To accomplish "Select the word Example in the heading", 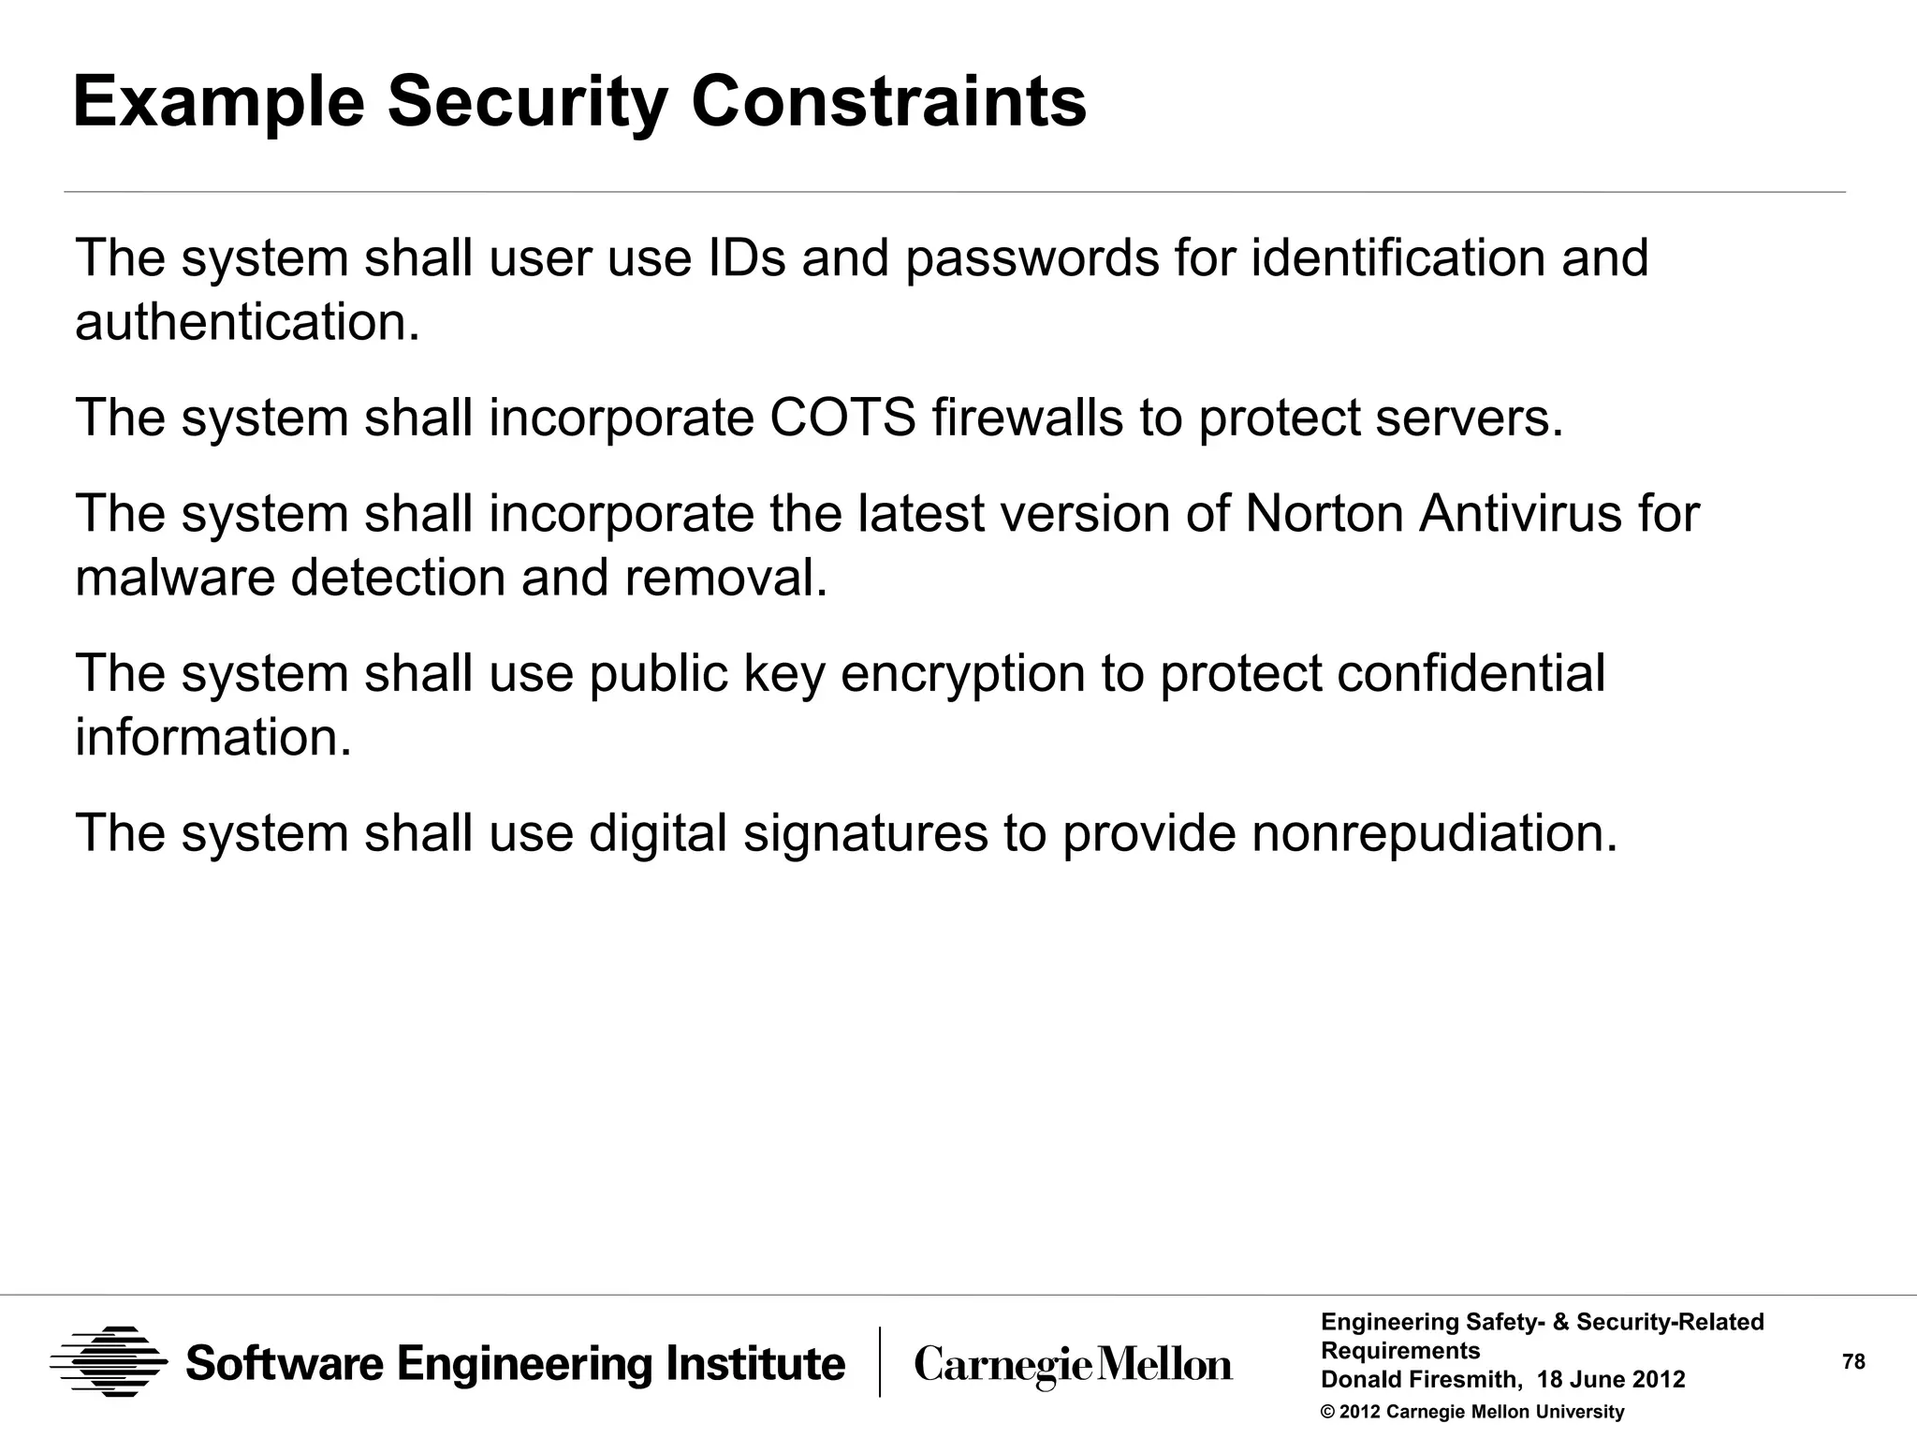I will (218, 103).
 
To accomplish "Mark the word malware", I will (175, 578).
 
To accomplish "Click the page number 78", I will (1853, 1362).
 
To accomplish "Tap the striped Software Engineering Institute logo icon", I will (109, 1362).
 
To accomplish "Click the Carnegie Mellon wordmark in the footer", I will (1073, 1365).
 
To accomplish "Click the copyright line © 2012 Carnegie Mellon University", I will (1471, 1412).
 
